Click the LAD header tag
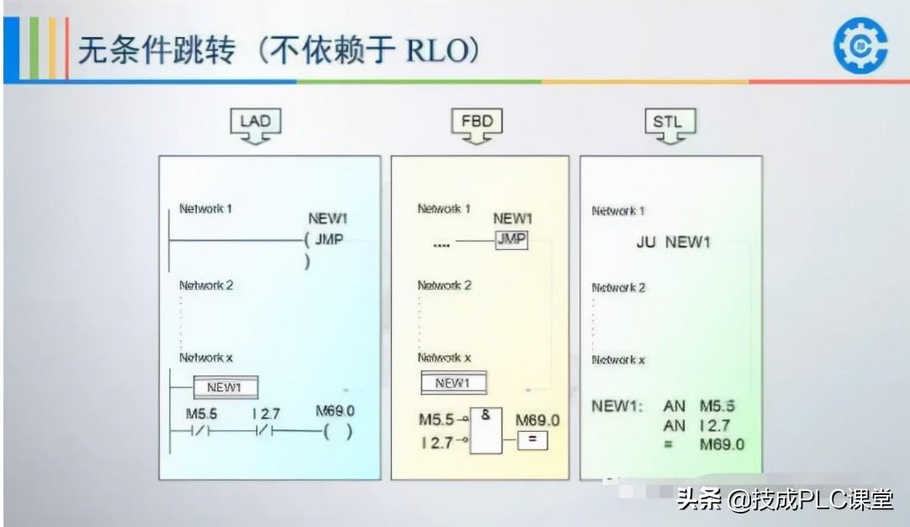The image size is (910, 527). (255, 122)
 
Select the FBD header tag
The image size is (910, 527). (477, 122)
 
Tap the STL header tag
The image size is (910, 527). (668, 122)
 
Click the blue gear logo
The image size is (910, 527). (860, 46)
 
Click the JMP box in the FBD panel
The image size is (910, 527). (511, 240)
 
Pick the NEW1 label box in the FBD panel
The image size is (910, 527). (452, 383)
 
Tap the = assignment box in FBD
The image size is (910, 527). (532, 439)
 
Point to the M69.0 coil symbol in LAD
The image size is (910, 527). (336, 432)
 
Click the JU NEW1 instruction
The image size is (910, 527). (674, 242)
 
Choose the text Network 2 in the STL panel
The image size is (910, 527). (619, 288)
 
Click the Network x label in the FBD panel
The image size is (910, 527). (444, 358)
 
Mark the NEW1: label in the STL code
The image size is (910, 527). (617, 407)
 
